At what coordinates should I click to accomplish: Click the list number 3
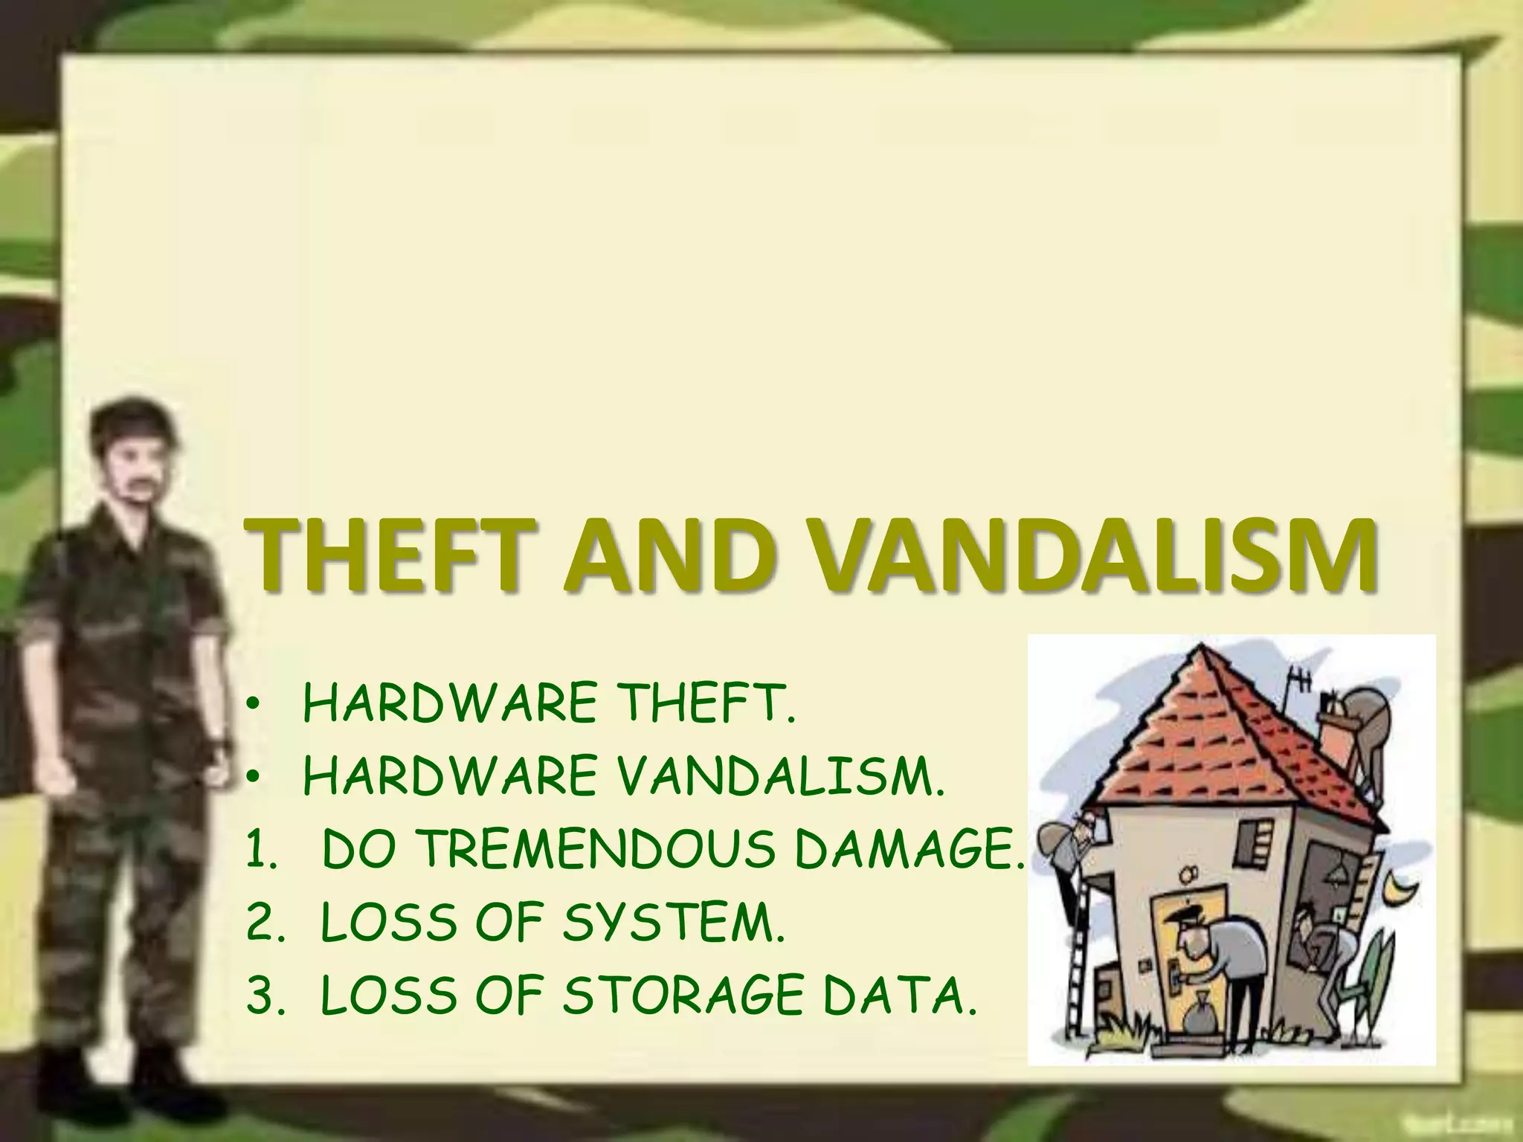coord(260,996)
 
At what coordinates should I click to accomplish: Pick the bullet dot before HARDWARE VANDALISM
coord(254,779)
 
